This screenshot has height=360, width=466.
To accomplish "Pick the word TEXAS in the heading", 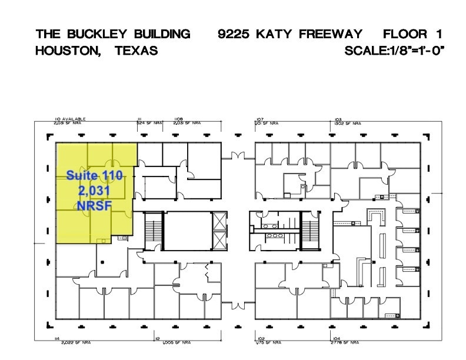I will [x=137, y=51].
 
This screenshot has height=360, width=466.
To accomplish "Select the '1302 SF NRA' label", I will [x=347, y=123].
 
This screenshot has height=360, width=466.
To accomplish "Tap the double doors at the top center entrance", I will [x=238, y=156].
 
